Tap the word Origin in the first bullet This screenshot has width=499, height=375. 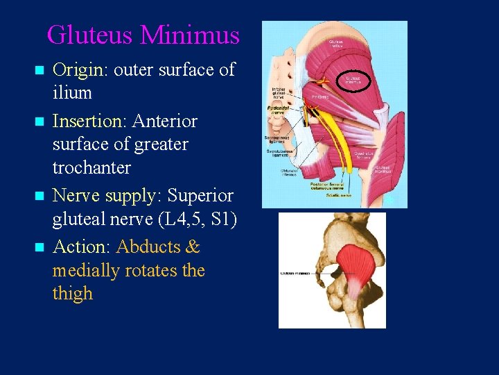coord(80,70)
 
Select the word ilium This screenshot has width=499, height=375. coord(72,93)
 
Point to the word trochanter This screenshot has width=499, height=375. coord(91,168)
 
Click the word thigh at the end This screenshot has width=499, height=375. coord(72,294)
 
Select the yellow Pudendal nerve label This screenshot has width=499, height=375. coord(278,111)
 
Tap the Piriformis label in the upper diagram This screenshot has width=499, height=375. coord(319,97)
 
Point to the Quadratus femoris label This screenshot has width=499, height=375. coord(365,155)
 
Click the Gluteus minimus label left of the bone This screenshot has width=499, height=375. coord(295,273)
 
